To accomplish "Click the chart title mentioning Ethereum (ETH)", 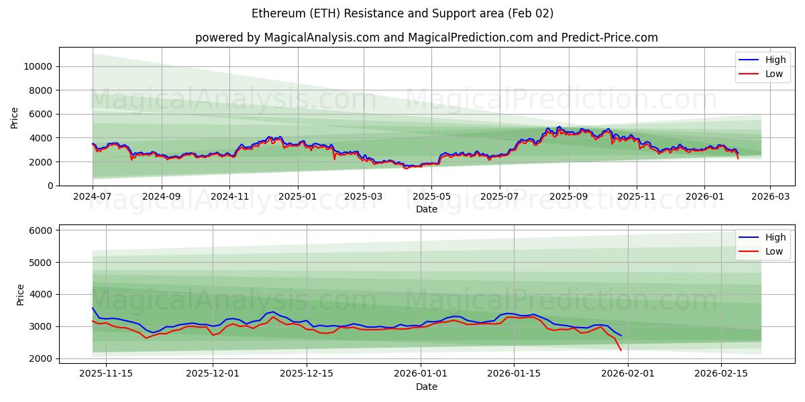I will pyautogui.click(x=402, y=13).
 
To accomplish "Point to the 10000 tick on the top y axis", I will pyautogui.click(x=38, y=66).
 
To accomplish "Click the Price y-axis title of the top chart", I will pyautogui.click(x=15, y=117).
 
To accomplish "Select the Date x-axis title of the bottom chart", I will pyautogui.click(x=426, y=387).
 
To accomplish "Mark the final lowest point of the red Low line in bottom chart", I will pyautogui.click(x=621, y=350).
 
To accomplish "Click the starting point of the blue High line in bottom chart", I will pyautogui.click(x=93, y=308).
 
